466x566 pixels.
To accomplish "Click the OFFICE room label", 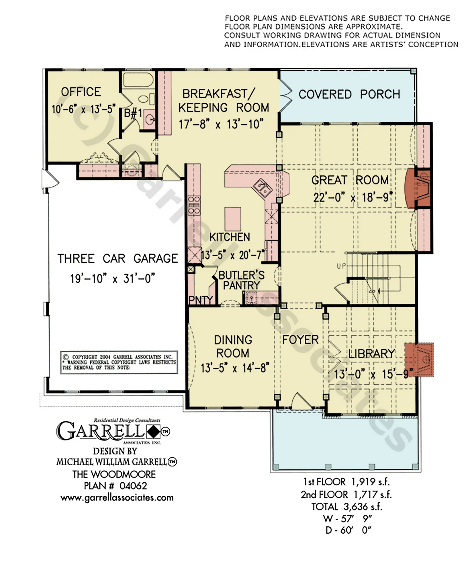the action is point(81,92).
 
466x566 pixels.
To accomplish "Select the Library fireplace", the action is point(419,360).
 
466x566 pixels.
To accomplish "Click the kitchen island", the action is point(233,219).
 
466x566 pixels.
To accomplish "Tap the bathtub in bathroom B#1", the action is point(138,79).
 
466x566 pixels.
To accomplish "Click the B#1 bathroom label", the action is point(133,113).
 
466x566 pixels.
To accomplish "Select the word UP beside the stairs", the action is point(341,266).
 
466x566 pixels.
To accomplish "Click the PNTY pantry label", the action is point(201,300).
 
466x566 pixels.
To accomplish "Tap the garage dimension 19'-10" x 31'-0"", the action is point(113,278).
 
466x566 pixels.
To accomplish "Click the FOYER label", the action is point(300,340).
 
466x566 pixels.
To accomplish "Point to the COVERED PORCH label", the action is point(349,94).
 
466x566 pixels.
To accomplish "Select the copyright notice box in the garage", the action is point(119,362).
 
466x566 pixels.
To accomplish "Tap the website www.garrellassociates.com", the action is point(117,498).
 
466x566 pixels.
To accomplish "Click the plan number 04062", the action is point(133,486).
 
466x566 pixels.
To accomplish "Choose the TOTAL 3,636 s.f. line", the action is point(346,507).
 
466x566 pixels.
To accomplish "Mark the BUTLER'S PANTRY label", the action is point(242,280).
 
